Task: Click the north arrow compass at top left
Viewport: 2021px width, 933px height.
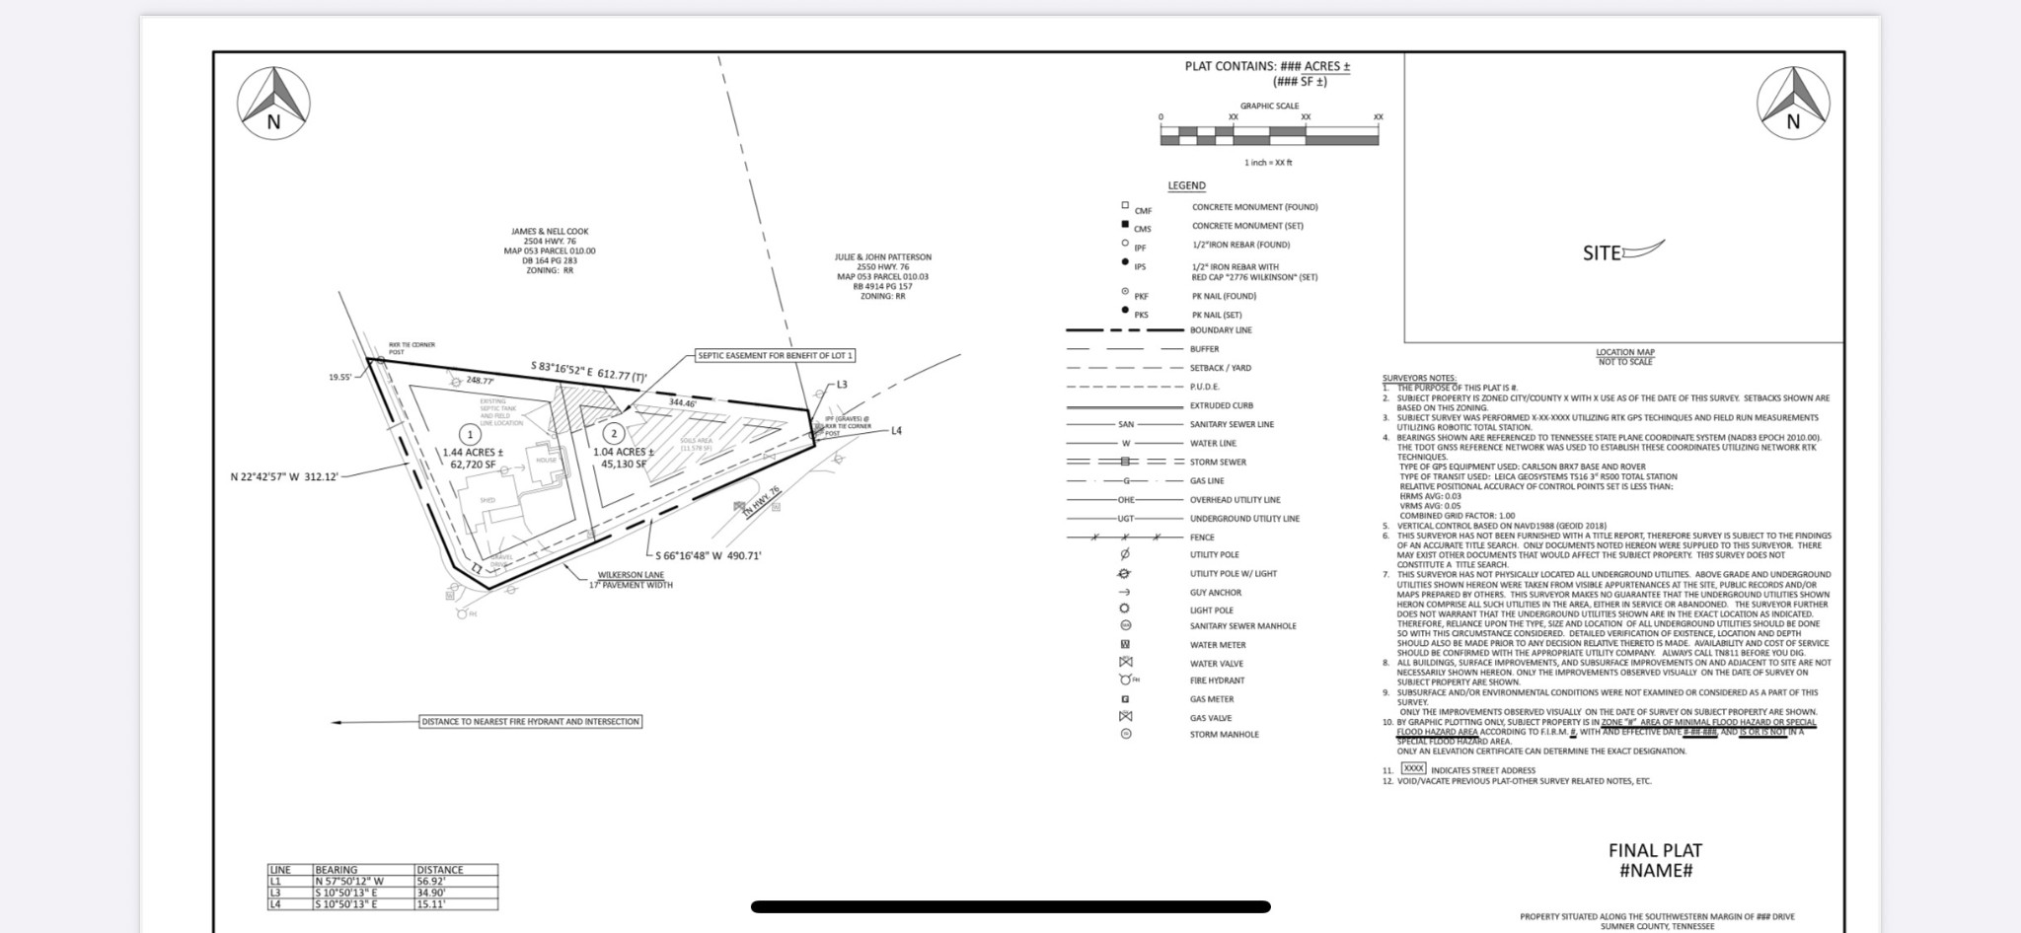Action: point(273,103)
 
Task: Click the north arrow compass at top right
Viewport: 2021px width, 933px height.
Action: point(1793,103)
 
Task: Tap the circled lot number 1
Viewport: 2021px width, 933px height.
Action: point(470,434)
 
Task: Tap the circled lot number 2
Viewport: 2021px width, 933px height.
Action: point(614,433)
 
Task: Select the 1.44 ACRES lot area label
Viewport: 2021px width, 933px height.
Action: point(473,453)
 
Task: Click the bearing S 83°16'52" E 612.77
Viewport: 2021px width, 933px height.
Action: point(588,369)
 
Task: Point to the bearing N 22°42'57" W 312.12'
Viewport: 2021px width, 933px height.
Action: point(284,477)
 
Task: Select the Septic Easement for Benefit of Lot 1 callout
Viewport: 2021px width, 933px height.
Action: point(776,355)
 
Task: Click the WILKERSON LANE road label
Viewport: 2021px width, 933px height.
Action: point(631,575)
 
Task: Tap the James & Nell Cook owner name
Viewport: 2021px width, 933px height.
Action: point(550,232)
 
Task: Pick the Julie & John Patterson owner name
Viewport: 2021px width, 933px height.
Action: point(883,257)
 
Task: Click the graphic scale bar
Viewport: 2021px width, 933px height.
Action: point(1269,135)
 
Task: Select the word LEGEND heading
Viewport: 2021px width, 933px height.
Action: point(1186,185)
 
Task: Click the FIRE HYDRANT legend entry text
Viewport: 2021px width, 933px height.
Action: point(1217,681)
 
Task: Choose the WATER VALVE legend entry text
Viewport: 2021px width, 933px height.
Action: point(1216,664)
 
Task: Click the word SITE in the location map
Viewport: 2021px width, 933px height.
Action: point(1602,253)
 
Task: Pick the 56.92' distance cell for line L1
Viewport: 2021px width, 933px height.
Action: point(430,882)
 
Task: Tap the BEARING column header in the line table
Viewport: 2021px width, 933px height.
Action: point(337,870)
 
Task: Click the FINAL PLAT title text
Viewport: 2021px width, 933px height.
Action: point(1655,850)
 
